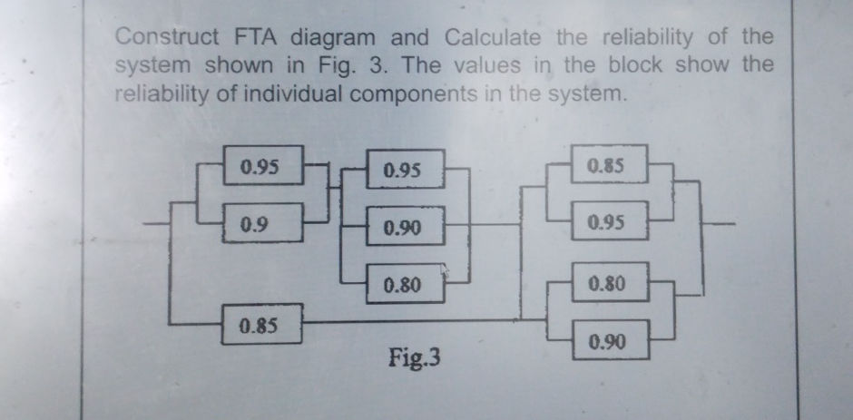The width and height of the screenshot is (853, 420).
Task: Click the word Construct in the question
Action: pyautogui.click(x=167, y=37)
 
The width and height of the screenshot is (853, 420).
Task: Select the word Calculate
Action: pyautogui.click(x=493, y=37)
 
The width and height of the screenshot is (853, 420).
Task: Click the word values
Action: pyautogui.click(x=487, y=66)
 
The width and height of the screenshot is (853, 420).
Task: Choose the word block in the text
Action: pyautogui.click(x=635, y=64)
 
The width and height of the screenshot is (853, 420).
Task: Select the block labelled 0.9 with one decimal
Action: pyautogui.click(x=262, y=222)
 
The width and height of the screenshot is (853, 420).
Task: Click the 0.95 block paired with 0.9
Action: pyautogui.click(x=263, y=165)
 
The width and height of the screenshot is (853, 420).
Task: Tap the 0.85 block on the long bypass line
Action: pyautogui.click(x=261, y=324)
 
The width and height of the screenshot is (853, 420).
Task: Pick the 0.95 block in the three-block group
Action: pyautogui.click(x=406, y=170)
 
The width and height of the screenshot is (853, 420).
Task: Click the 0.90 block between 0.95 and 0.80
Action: pyautogui.click(x=406, y=226)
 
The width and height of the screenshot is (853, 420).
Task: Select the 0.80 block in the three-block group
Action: pyautogui.click(x=406, y=283)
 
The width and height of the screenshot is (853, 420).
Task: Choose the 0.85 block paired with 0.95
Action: pyautogui.click(x=609, y=164)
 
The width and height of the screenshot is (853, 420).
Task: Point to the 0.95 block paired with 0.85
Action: pyautogui.click(x=610, y=220)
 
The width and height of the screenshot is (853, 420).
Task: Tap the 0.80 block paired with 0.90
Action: pyautogui.click(x=611, y=282)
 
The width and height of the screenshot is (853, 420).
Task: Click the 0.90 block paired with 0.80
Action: pyautogui.click(x=611, y=340)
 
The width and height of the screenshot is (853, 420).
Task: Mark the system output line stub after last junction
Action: pyautogui.click(x=720, y=223)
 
